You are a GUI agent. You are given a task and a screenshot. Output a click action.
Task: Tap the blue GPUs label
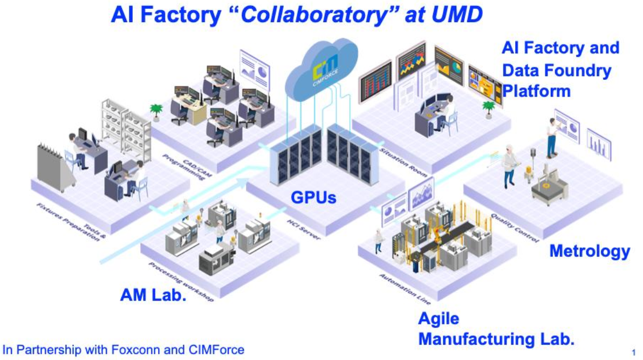[x=313, y=198]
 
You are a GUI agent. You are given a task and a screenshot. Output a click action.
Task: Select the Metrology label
[x=589, y=251]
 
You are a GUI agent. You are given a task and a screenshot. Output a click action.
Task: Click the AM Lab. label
[x=153, y=294]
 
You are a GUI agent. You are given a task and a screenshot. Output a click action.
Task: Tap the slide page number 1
[x=633, y=352]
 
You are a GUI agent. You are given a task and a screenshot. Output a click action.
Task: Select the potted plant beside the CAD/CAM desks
[x=156, y=112]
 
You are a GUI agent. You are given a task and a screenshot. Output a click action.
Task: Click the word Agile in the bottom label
[x=439, y=318]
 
